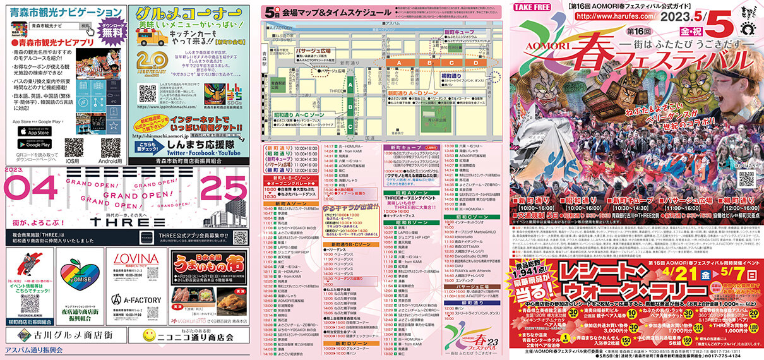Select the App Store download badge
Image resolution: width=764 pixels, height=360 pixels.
[x=34, y=131]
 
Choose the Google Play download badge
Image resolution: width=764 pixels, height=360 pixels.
[x=34, y=145]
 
